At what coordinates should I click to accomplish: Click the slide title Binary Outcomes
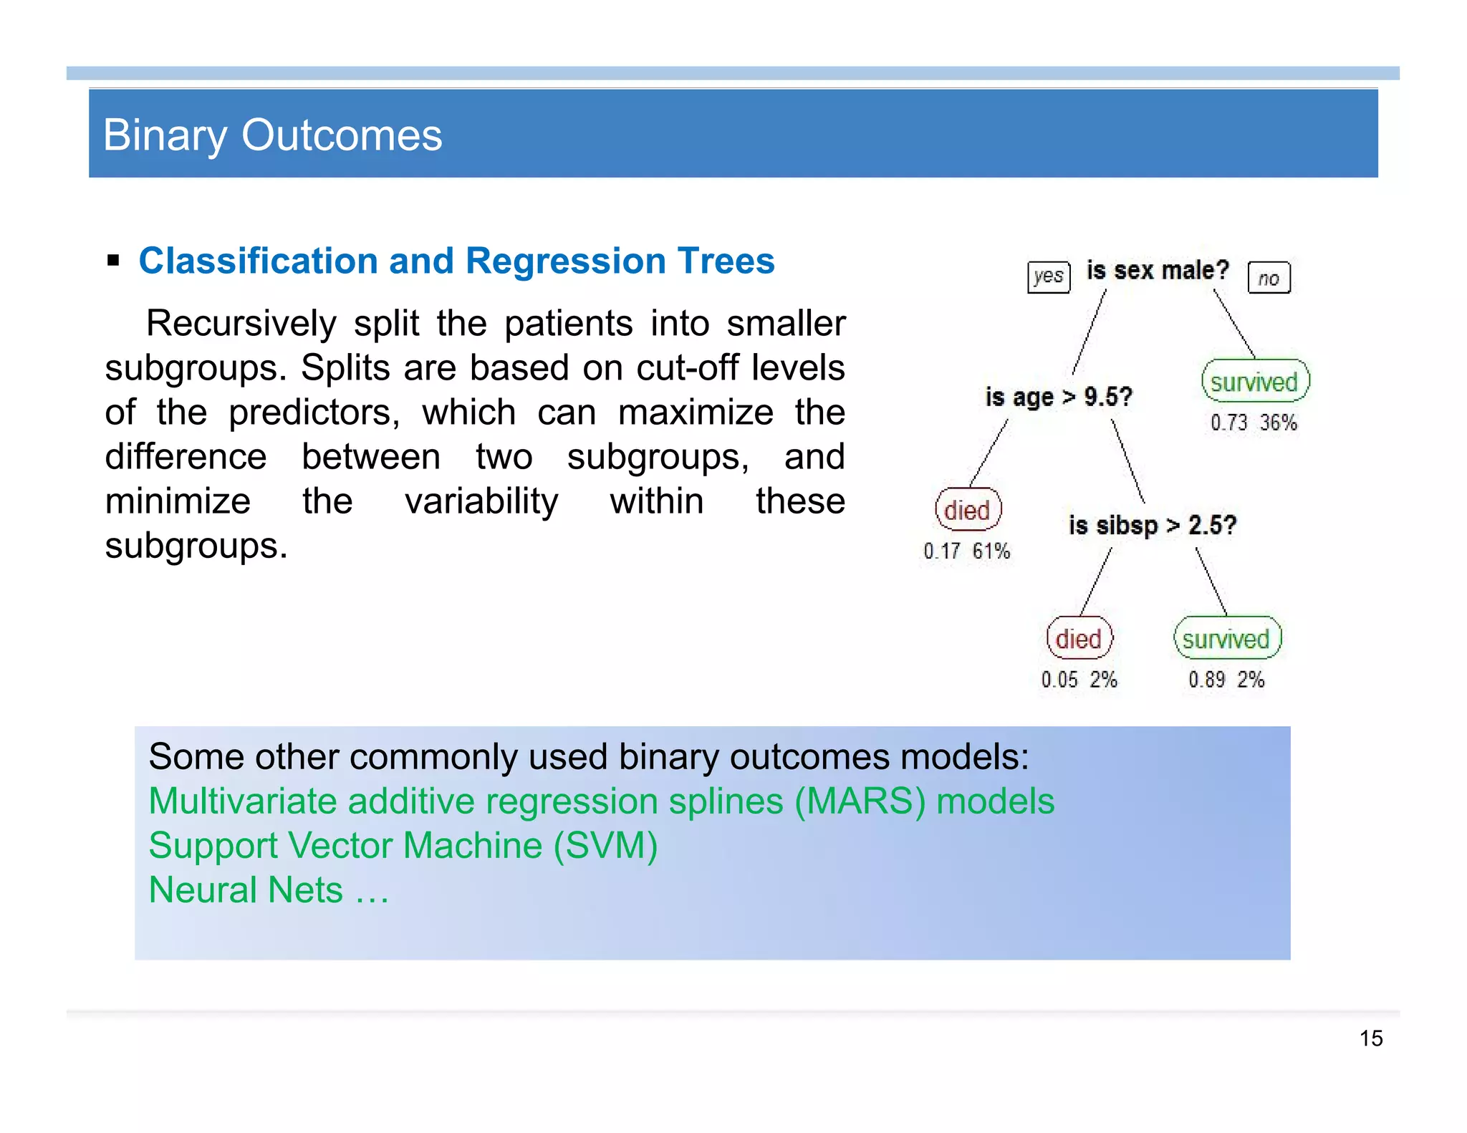(x=272, y=135)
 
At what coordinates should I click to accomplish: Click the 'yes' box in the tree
(x=1048, y=276)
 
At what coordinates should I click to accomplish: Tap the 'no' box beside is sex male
(x=1269, y=278)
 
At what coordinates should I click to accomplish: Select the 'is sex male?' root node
(x=1158, y=271)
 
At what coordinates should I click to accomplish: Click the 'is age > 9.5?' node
(x=1059, y=396)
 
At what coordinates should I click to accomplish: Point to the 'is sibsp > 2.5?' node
(x=1152, y=525)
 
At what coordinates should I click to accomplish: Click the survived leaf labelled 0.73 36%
(x=1254, y=381)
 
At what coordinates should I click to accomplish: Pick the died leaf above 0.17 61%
(x=967, y=510)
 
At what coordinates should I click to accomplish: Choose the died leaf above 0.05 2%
(x=1079, y=638)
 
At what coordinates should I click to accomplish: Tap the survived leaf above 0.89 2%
(x=1226, y=638)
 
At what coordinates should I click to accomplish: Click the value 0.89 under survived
(x=1206, y=679)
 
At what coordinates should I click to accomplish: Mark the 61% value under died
(x=991, y=551)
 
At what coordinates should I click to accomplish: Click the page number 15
(x=1370, y=1038)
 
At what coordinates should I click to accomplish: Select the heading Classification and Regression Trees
(x=456, y=261)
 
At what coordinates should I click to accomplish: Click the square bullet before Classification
(x=113, y=260)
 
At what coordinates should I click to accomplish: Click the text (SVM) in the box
(x=605, y=845)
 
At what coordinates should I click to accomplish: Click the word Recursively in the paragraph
(x=241, y=323)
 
